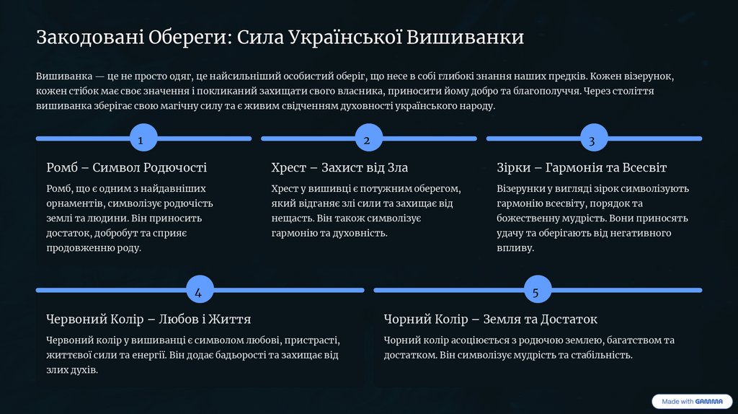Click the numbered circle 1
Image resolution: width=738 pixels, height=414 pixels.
click(141, 139)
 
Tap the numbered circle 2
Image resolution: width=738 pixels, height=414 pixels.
click(367, 139)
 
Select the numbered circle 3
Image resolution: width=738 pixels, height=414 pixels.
click(592, 139)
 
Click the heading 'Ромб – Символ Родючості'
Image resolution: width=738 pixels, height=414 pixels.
click(126, 167)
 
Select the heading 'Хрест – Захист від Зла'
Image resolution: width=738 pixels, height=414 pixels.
click(339, 167)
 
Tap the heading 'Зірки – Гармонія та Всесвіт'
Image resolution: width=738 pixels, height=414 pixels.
click(582, 167)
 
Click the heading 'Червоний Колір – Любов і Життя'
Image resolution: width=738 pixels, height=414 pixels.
click(148, 319)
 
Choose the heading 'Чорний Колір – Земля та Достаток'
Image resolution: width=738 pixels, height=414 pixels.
click(490, 319)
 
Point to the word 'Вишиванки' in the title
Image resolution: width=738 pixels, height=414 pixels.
click(465, 38)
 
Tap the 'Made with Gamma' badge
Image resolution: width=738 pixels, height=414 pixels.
click(692, 401)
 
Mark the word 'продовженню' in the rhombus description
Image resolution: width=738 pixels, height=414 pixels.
click(77, 248)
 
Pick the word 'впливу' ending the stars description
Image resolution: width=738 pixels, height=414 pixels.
click(515, 248)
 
